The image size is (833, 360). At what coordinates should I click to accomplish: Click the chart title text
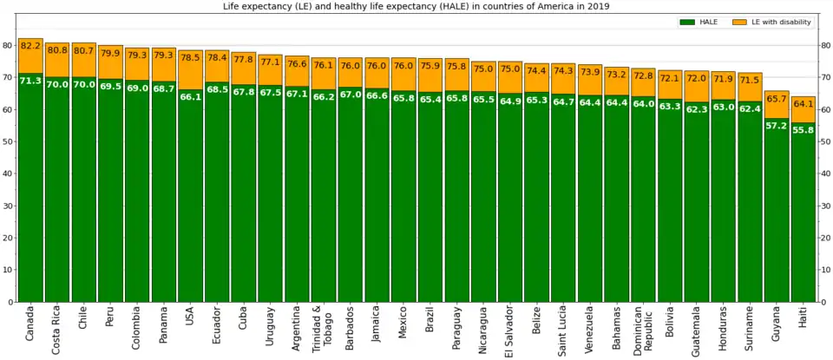416,6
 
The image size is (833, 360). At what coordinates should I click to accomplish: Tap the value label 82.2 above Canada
30,44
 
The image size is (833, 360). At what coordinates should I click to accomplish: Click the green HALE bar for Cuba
244,200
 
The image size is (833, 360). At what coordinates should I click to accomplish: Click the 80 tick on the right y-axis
825,45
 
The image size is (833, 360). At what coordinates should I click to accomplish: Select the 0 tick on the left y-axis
10,302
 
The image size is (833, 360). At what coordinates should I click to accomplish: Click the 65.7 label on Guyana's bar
777,98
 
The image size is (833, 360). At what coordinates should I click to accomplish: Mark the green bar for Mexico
403,200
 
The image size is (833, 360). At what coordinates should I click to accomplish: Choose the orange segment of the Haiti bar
803,111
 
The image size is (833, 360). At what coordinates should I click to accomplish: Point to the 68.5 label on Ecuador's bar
217,89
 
